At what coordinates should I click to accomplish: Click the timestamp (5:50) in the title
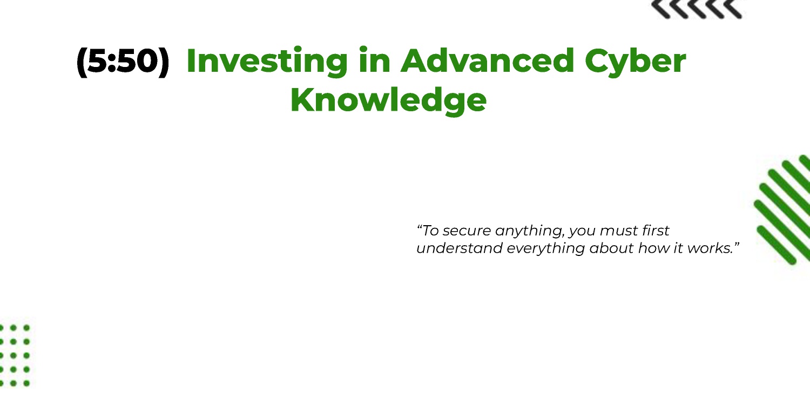click(123, 62)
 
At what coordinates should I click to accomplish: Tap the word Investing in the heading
click(267, 62)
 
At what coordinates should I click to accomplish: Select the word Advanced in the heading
click(488, 60)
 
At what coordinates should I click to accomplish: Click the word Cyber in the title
click(636, 62)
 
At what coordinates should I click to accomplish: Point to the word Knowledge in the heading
click(388, 100)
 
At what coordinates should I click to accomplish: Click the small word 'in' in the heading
click(375, 60)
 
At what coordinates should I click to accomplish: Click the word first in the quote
click(656, 231)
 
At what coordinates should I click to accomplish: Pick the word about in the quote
click(611, 248)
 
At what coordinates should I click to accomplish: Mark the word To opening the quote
click(430, 231)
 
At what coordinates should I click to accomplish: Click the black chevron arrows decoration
click(697, 9)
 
